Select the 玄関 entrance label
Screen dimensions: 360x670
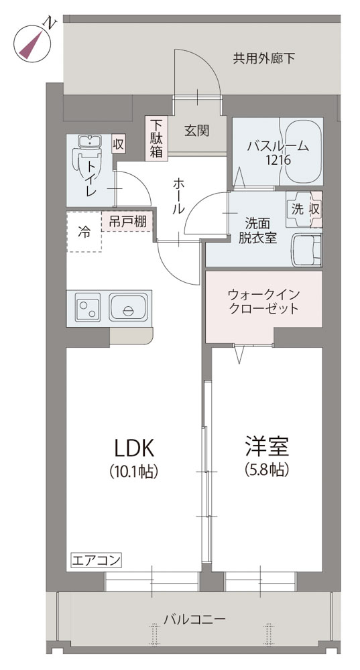click(x=196, y=131)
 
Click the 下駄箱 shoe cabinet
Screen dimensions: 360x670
click(x=156, y=138)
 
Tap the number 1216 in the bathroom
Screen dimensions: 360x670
click(x=278, y=161)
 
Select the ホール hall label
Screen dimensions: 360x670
click(x=179, y=196)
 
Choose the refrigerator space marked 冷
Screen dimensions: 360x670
click(x=84, y=231)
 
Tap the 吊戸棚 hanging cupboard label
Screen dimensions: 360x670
click(x=127, y=221)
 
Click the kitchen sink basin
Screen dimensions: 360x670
click(x=128, y=307)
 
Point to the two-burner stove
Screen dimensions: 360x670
click(x=88, y=307)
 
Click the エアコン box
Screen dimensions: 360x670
click(x=96, y=560)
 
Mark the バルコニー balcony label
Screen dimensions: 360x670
click(x=195, y=618)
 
